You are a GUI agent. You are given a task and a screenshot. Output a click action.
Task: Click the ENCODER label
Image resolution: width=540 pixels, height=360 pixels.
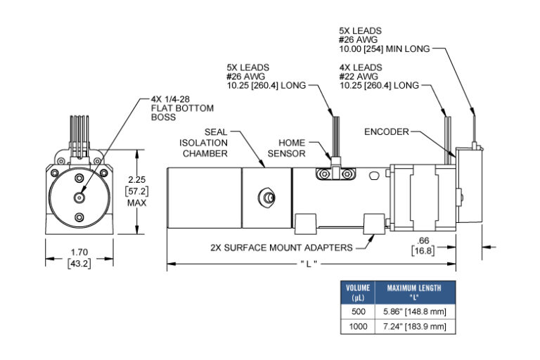pyautogui.click(x=387, y=131)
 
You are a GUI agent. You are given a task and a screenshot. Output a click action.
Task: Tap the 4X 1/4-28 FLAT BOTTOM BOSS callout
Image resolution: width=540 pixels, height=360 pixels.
pyautogui.click(x=179, y=108)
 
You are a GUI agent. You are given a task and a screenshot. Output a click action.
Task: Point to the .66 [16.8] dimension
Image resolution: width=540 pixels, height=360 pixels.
pyautogui.click(x=424, y=247)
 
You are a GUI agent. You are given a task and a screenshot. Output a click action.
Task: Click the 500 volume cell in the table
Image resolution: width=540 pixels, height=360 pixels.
pyautogui.click(x=359, y=311)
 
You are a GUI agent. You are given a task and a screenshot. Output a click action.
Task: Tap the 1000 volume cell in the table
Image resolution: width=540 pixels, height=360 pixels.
pyautogui.click(x=359, y=326)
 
